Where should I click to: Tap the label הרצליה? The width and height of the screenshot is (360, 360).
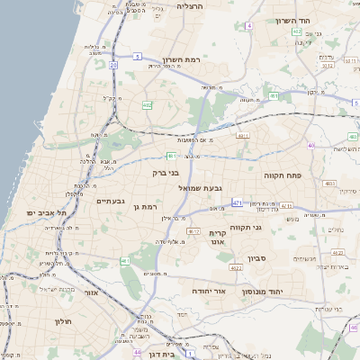tap(191, 6)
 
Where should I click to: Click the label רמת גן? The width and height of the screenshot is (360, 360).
tap(143, 208)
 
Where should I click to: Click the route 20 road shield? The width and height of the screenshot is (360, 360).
tap(113, 65)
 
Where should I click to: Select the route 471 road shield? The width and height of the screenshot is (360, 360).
tap(237, 203)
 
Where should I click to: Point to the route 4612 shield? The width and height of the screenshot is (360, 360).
tap(193, 231)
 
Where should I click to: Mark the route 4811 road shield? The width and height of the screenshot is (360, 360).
tap(242, 136)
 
